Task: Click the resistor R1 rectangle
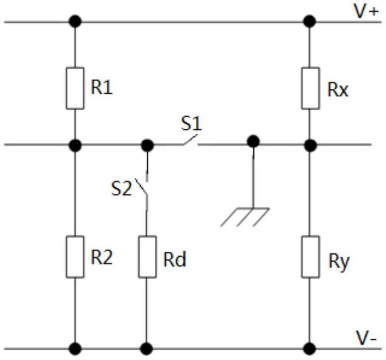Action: tap(75, 88)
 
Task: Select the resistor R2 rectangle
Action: tap(75, 257)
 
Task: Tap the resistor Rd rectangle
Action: tap(147, 257)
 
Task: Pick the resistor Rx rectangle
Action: tap(310, 88)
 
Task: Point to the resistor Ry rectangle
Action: tap(310, 257)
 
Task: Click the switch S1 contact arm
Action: tap(190, 139)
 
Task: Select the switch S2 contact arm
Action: tap(141, 187)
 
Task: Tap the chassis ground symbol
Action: tap(245, 217)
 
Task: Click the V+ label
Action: tap(366, 12)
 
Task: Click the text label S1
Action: tap(191, 123)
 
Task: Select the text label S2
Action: tap(122, 188)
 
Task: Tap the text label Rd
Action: tap(175, 260)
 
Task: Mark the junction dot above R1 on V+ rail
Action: tap(75, 21)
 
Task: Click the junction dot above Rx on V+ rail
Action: tap(309, 21)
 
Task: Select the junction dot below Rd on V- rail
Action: tap(147, 349)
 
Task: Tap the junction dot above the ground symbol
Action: tap(253, 141)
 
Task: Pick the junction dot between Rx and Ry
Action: tap(310, 145)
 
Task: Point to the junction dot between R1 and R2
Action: tap(75, 145)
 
